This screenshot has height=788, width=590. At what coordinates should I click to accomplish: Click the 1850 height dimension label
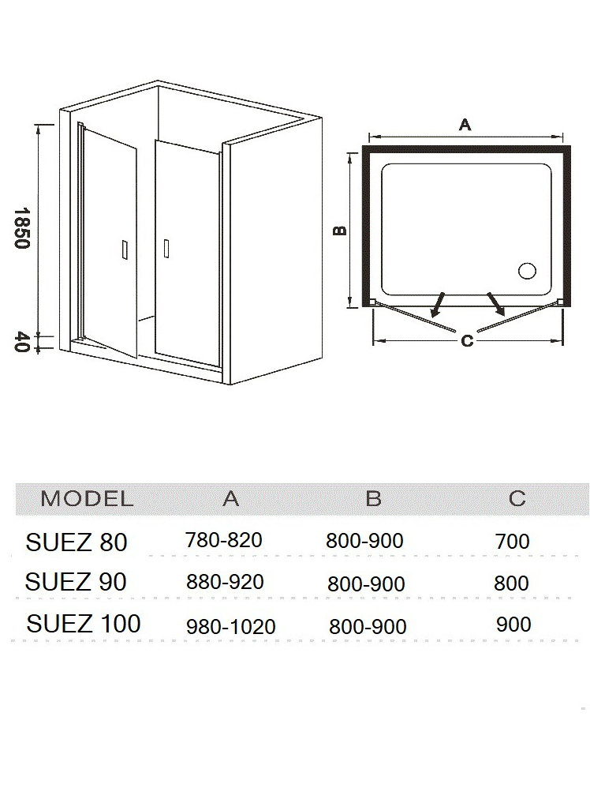[x=22, y=228]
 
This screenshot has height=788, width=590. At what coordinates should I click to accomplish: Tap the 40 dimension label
[x=22, y=342]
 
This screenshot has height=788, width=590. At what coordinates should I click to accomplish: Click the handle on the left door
[x=125, y=250]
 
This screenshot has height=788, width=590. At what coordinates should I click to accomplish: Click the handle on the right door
[x=166, y=248]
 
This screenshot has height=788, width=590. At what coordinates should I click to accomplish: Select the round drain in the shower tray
[x=527, y=272]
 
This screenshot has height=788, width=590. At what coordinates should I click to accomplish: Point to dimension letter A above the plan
[x=465, y=124]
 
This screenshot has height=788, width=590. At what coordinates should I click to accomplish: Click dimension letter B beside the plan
[x=341, y=231]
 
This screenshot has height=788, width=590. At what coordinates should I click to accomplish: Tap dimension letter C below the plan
[x=467, y=341]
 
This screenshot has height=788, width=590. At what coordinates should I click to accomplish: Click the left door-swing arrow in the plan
[x=438, y=304]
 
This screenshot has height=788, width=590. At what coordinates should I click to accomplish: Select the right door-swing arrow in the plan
[x=495, y=304]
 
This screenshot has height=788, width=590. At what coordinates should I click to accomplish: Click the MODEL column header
[x=87, y=498]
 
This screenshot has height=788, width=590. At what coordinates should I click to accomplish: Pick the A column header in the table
[x=230, y=498]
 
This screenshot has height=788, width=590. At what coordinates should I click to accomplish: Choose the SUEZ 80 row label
[x=77, y=542]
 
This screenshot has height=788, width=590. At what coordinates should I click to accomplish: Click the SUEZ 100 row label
[x=84, y=624]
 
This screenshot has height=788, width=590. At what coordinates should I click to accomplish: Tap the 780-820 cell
[x=224, y=540]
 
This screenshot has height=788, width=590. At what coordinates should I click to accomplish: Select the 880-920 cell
[x=225, y=582]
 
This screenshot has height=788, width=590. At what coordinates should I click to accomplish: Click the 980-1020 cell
[x=231, y=627]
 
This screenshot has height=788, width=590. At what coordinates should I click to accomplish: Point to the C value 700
[x=512, y=541]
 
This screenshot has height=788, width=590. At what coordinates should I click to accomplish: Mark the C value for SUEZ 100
[x=513, y=625]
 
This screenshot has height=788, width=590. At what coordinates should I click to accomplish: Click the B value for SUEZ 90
[x=366, y=584]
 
